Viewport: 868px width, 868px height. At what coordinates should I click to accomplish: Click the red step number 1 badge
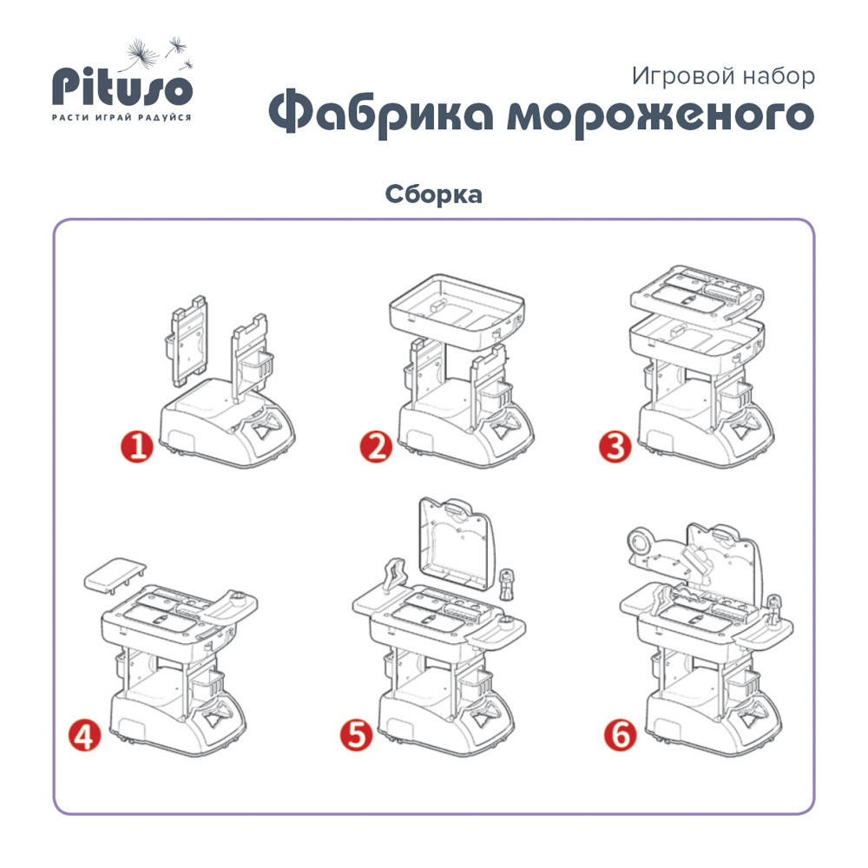click(x=137, y=447)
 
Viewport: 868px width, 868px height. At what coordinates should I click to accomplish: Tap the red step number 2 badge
click(x=376, y=447)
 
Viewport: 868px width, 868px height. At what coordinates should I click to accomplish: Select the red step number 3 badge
click(x=615, y=447)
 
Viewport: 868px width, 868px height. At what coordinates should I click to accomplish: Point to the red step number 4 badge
click(x=85, y=735)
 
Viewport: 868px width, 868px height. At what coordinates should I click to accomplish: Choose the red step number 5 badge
click(x=357, y=735)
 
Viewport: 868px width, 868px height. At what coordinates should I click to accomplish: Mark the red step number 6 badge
click(x=621, y=735)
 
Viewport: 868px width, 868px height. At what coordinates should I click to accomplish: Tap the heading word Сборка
click(x=433, y=194)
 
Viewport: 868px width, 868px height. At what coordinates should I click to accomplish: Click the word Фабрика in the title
click(x=381, y=114)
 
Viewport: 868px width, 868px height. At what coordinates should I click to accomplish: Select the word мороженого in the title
click(x=661, y=115)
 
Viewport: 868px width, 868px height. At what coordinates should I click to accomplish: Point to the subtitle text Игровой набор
click(x=723, y=76)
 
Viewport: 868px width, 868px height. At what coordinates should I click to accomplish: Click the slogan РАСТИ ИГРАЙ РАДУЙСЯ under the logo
click(x=122, y=117)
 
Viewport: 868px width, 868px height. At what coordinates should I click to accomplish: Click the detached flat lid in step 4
click(x=115, y=575)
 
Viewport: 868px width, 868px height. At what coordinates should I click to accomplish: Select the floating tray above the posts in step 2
click(x=457, y=310)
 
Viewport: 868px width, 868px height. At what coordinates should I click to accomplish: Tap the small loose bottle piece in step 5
click(x=506, y=584)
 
